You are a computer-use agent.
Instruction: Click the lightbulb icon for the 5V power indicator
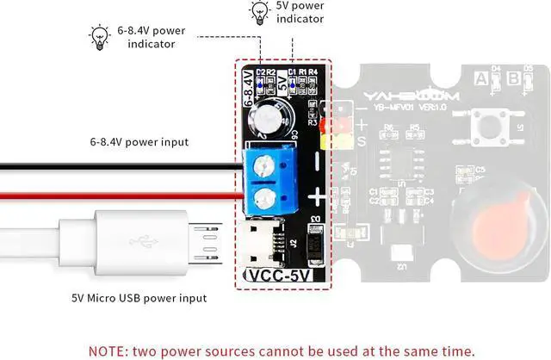point(258,11)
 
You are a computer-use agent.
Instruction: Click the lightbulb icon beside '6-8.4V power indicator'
point(100,36)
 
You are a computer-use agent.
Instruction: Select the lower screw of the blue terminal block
point(266,200)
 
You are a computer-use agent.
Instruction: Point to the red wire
point(121,197)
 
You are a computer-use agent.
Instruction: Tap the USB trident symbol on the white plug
point(137,240)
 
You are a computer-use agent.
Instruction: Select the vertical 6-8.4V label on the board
point(249,89)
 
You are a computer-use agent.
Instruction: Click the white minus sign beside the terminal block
point(317,159)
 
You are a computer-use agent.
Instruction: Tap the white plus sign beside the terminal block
point(317,196)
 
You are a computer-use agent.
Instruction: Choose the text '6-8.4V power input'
point(139,141)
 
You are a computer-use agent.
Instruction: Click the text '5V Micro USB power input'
point(139,298)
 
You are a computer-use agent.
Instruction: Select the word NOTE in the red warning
point(108,351)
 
